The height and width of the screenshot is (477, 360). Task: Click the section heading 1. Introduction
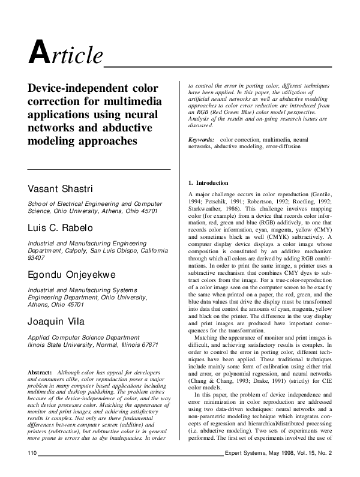click(x=208, y=182)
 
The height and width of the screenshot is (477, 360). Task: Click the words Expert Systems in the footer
click(x=245, y=469)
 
